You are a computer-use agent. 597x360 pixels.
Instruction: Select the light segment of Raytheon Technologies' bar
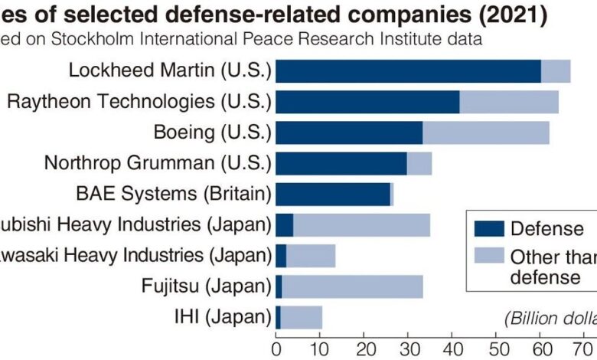[509, 102]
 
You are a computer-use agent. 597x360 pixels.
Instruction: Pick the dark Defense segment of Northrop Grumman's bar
[341, 163]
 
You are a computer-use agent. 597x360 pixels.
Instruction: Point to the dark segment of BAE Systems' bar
[333, 194]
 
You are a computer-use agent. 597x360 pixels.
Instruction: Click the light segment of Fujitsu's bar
[352, 286]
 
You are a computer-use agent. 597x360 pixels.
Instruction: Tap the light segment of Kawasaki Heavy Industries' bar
[311, 255]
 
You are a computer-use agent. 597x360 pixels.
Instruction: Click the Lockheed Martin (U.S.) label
[170, 70]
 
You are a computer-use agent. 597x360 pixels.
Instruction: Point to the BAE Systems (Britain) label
[173, 193]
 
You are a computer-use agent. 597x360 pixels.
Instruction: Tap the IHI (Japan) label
[223, 316]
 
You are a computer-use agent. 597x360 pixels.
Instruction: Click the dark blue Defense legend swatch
[488, 228]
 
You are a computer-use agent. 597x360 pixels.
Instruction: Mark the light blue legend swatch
[488, 257]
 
